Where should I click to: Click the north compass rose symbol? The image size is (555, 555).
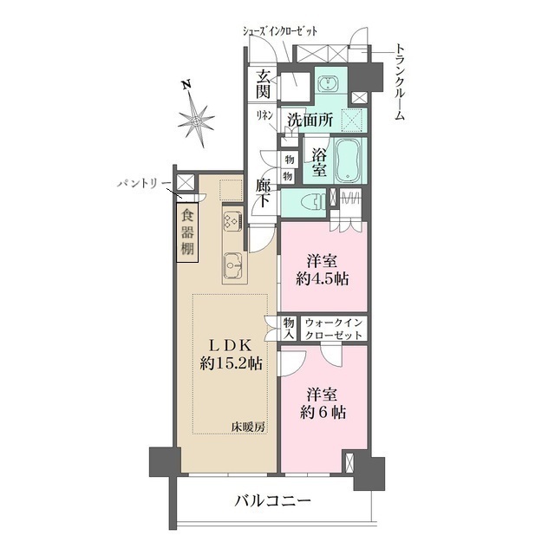tap(198, 118)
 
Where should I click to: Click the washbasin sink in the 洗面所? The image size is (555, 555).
tap(330, 84)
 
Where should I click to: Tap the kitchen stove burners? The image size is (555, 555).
tap(232, 220)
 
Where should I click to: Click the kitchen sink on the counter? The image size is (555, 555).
tap(232, 263)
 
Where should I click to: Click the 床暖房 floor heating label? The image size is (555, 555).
tap(247, 426)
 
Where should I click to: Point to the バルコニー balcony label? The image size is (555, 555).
tap(272, 500)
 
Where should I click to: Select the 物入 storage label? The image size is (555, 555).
tap(289, 328)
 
